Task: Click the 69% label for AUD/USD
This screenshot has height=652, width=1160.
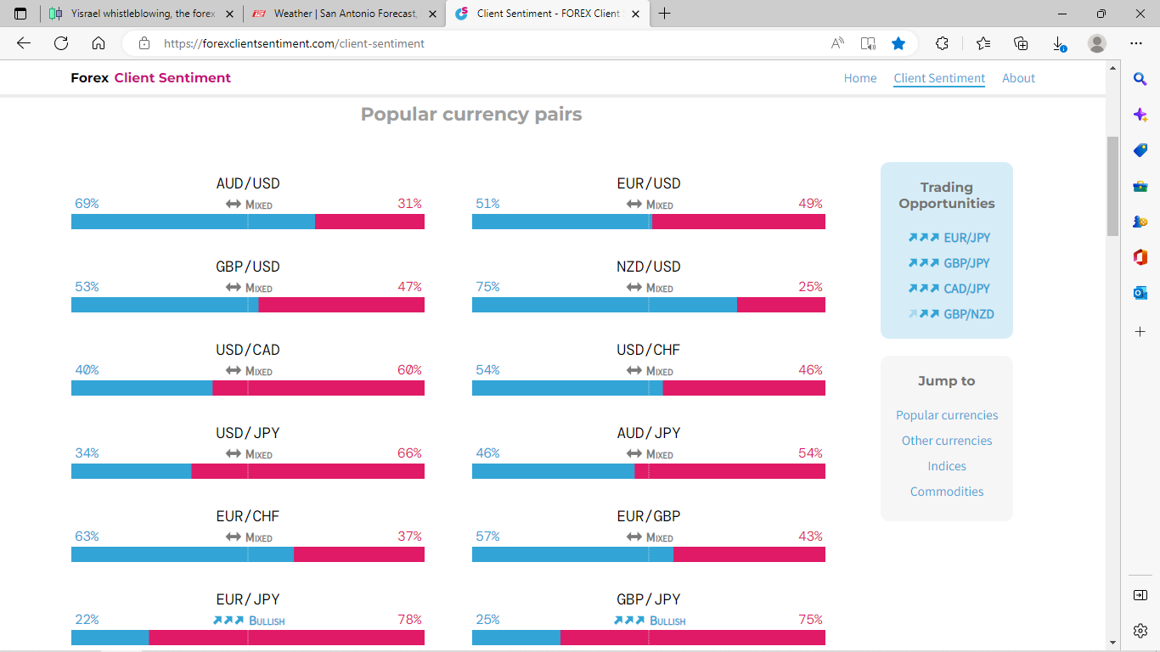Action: (87, 204)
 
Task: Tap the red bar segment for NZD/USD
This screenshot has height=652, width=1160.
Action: (780, 305)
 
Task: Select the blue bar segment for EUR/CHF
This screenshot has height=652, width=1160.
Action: (182, 554)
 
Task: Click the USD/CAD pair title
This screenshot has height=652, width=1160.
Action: (247, 350)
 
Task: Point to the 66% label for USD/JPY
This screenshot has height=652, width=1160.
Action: (409, 453)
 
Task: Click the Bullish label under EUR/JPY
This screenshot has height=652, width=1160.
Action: (266, 621)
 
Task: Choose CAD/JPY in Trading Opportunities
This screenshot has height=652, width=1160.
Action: (966, 289)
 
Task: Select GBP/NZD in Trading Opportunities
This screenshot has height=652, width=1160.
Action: (968, 314)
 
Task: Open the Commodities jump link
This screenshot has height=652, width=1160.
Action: (947, 492)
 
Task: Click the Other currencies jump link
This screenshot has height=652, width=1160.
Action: (947, 441)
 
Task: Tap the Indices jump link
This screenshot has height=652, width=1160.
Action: (947, 466)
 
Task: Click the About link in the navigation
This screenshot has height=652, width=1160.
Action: (1018, 78)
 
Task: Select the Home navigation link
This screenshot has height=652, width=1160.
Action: (860, 78)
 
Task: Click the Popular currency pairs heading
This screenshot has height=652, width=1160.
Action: (471, 115)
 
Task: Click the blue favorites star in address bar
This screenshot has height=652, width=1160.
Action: (898, 43)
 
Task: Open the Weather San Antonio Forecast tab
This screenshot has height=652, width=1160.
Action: (345, 14)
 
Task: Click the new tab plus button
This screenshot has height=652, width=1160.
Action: (664, 14)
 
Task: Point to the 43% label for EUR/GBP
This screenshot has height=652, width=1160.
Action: (810, 537)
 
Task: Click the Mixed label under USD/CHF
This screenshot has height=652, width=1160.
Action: (659, 371)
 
